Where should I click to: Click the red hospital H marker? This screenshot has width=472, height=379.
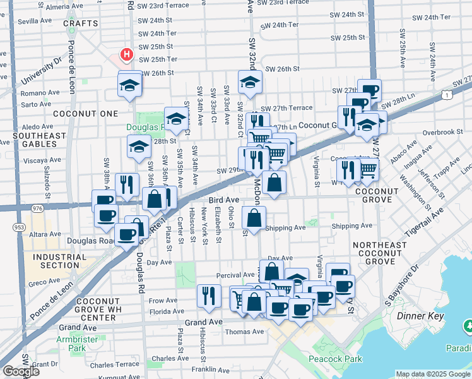click(x=127, y=55)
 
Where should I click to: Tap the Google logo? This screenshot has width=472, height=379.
click(x=21, y=371)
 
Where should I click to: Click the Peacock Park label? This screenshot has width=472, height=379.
click(x=336, y=359)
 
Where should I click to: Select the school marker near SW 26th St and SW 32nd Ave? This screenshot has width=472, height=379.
click(x=250, y=81)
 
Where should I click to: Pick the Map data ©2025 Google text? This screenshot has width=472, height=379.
click(x=432, y=374)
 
